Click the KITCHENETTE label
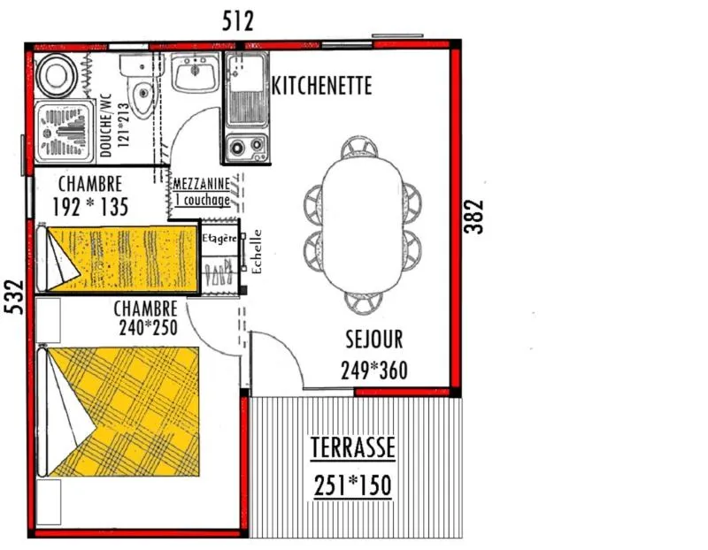321,86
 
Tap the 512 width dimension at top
237,21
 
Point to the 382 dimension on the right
476,215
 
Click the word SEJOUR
373,340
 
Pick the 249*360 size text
373,370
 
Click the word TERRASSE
353,448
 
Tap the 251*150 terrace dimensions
353,485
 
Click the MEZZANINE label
202,184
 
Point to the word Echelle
257,252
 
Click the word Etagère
219,239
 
